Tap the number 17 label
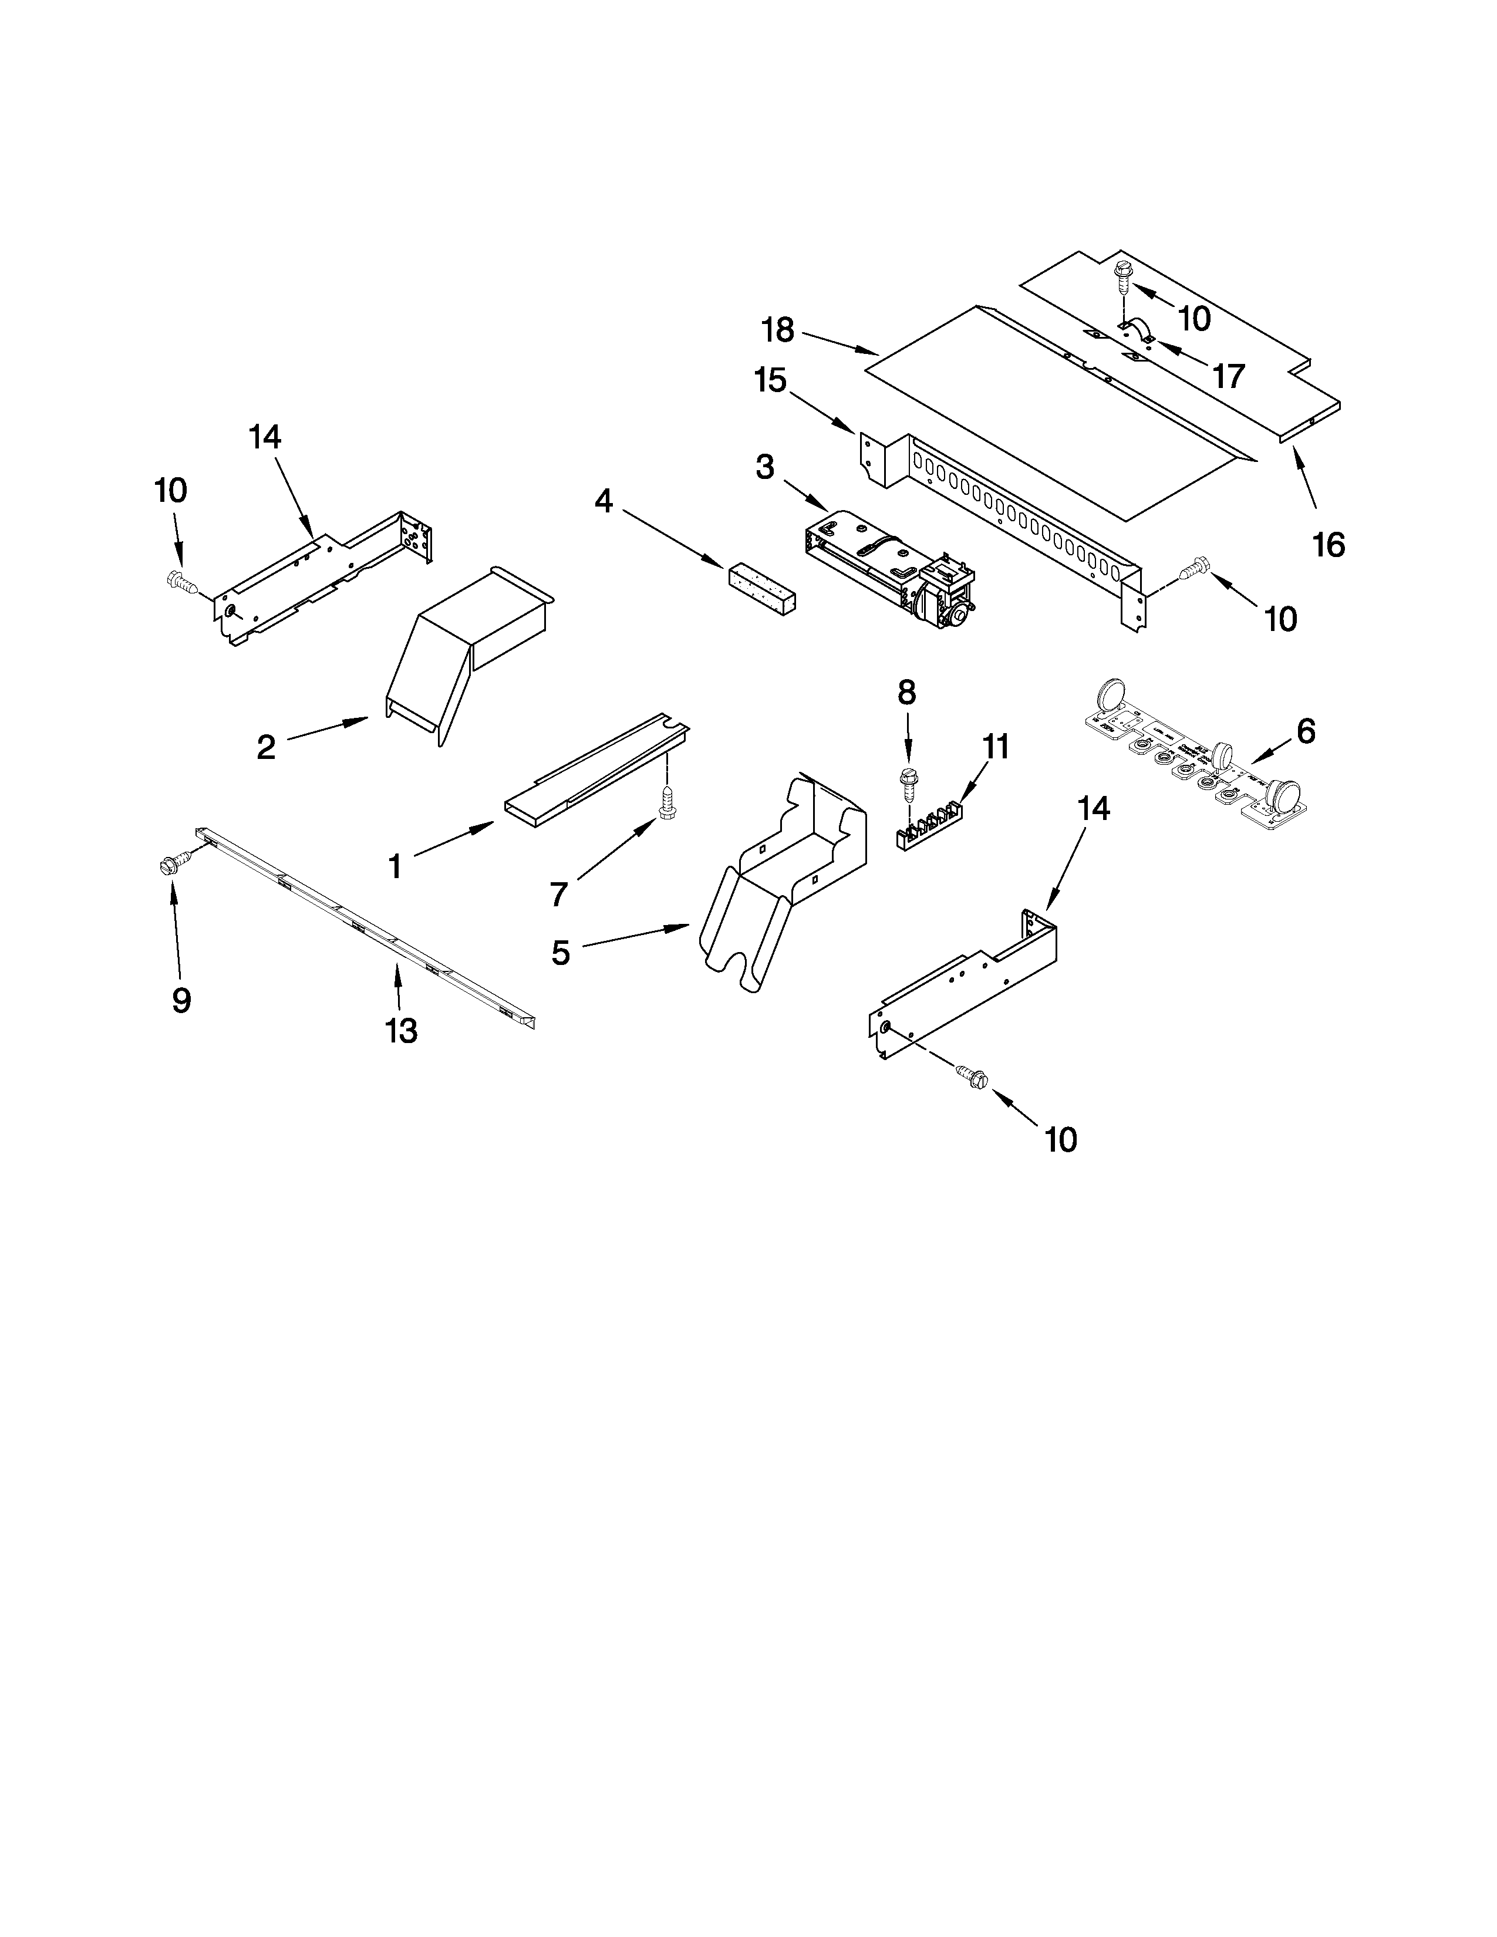point(1228,377)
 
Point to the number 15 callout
point(770,382)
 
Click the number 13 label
point(401,1031)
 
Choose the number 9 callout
point(181,1000)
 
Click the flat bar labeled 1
point(594,767)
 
